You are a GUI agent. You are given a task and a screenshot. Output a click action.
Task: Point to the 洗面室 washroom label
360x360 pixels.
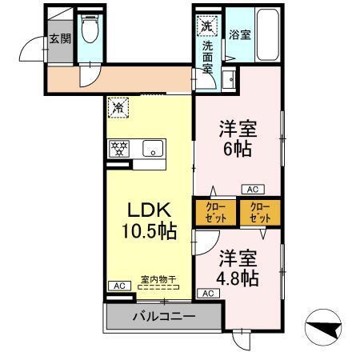point(208,56)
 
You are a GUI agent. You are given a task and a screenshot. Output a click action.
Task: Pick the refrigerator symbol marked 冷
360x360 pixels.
point(118,106)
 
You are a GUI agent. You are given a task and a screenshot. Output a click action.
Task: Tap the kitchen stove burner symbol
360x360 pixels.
point(120,148)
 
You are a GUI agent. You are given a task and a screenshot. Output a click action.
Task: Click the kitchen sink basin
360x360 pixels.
point(153,148)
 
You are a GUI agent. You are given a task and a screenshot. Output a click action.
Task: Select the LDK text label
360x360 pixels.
point(149,210)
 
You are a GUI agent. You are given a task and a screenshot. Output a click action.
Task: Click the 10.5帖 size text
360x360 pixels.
point(149,233)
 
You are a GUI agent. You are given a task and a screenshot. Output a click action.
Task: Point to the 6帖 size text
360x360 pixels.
point(238,148)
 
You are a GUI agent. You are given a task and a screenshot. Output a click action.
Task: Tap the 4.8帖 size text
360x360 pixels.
point(238,278)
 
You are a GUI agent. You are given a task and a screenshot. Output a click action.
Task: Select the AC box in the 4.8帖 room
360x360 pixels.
point(207,294)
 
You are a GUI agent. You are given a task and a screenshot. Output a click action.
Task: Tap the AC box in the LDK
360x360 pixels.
point(117,286)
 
